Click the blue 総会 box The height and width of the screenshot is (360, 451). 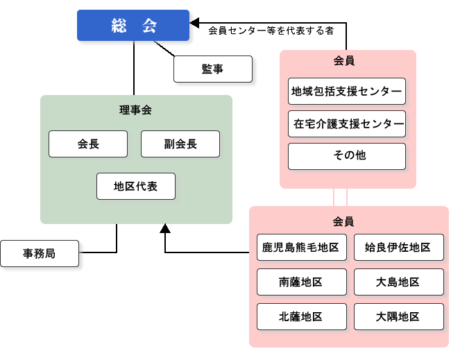tap(133, 26)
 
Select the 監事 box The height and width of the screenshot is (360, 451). tap(212, 69)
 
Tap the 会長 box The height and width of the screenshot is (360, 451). tap(88, 144)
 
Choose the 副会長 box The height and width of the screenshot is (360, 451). tap(180, 144)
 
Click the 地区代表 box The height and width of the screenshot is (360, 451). tap(136, 186)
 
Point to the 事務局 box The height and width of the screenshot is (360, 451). tap(40, 254)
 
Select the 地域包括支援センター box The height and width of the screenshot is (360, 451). tap(347, 92)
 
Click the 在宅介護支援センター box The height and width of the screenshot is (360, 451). tap(347, 124)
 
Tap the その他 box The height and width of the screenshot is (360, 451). tap(347, 156)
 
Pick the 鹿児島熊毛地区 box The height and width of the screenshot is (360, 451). tap(301, 247)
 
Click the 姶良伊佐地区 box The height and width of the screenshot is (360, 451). tap(398, 247)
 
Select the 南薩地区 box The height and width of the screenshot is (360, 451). tap(301, 282)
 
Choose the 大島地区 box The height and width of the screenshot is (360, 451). tap(398, 282)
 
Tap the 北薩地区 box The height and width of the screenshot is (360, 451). tap(301, 316)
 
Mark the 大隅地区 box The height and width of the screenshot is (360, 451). tap(398, 316)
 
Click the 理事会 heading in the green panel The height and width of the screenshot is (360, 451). tap(135, 110)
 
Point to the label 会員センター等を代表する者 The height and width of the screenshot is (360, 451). tap(271, 31)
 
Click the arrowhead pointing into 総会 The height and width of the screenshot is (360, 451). tap(196, 22)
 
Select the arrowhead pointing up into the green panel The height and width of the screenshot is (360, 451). tap(165, 228)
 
